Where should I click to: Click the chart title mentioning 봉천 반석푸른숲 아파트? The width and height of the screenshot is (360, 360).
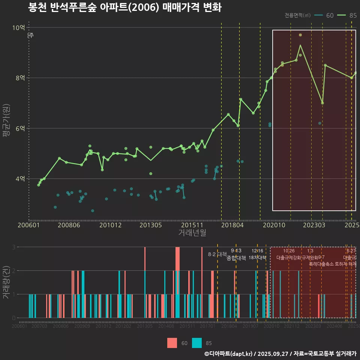[x=125, y=8]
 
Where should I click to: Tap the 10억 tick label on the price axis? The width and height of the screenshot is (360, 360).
[x=18, y=27]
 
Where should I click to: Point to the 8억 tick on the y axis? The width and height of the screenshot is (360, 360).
[x=20, y=78]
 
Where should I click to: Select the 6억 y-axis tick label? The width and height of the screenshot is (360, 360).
[x=20, y=128]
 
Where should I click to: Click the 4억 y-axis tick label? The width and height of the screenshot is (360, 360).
[x=20, y=178]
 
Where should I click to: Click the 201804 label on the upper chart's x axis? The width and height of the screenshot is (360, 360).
[x=232, y=225]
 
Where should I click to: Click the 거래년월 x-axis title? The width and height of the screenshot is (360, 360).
[x=192, y=233]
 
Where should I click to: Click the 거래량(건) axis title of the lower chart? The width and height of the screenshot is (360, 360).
[x=6, y=282]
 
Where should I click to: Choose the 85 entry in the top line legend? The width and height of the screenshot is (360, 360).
[x=352, y=15]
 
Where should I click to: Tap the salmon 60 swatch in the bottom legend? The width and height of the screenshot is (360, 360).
[x=172, y=343]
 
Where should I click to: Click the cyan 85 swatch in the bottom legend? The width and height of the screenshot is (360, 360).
[x=197, y=343]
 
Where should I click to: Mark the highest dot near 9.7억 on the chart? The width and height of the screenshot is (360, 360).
[x=300, y=35]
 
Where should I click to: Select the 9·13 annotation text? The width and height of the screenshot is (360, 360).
[x=236, y=251]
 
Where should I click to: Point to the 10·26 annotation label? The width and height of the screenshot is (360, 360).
[x=289, y=251]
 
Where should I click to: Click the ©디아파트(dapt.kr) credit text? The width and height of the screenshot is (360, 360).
[x=229, y=354]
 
